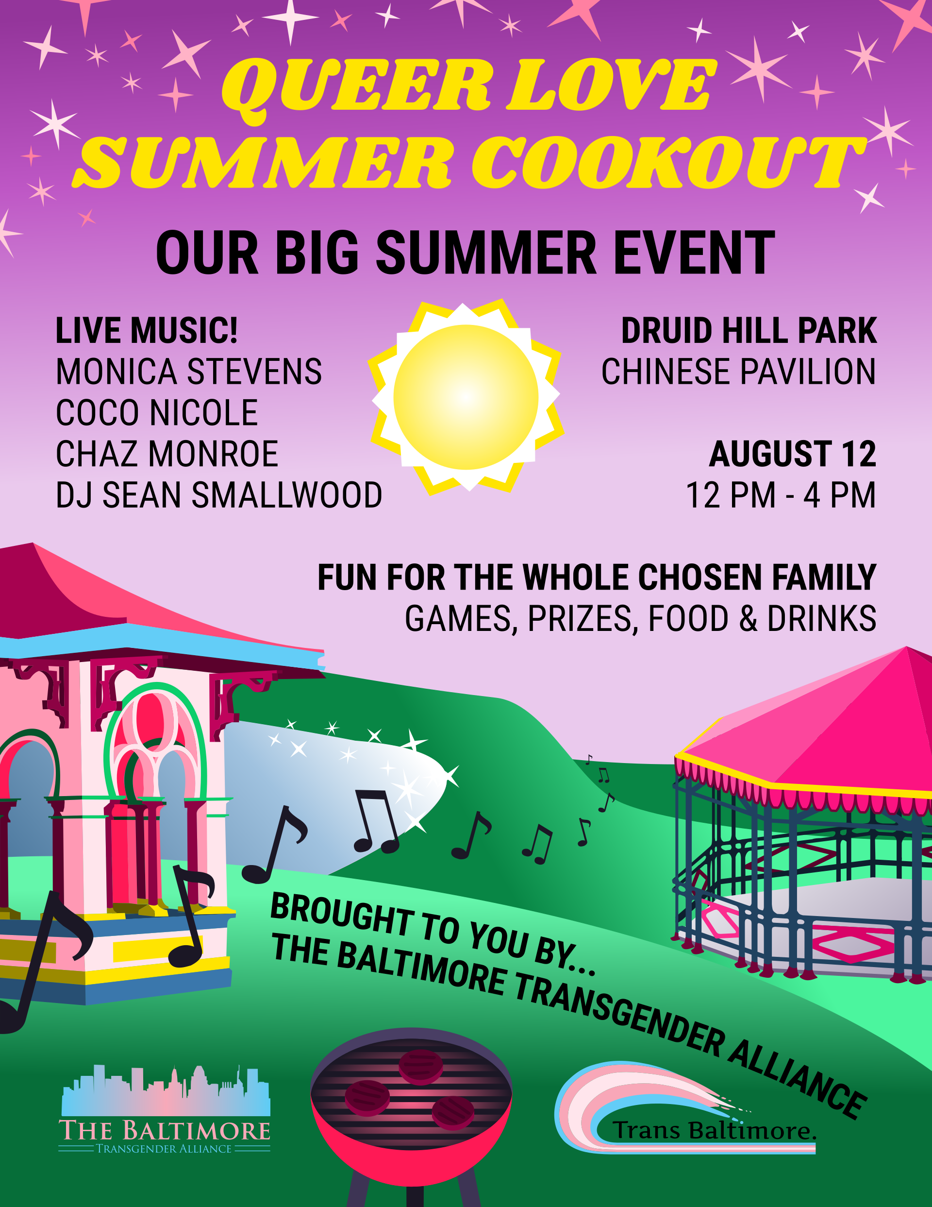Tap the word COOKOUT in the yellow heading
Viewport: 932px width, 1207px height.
coord(669,163)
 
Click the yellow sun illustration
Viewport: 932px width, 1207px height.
coord(466,396)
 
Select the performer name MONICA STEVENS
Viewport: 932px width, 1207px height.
coord(189,372)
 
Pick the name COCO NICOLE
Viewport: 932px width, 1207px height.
coord(157,413)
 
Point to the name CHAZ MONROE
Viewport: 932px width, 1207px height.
coord(167,454)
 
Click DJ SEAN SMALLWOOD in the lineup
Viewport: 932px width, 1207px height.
coord(219,495)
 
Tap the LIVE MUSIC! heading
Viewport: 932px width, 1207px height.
coord(147,330)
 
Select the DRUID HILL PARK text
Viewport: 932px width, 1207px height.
coord(749,330)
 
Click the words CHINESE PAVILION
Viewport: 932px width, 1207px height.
coord(739,372)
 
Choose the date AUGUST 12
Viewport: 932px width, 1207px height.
coord(793,454)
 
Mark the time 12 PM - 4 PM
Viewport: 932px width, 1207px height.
coord(781,495)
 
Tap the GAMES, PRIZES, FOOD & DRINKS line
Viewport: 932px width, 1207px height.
coord(640,618)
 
